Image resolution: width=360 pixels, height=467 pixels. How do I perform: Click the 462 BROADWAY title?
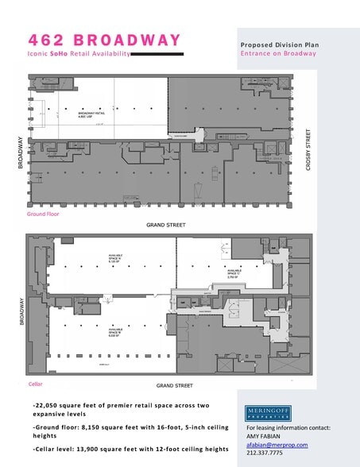tap(104, 39)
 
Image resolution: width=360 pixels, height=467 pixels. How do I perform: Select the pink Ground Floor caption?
tap(44, 214)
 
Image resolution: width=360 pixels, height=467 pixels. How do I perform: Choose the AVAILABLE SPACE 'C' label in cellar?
tap(233, 275)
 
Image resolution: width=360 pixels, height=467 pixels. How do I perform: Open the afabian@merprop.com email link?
tap(277, 445)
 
